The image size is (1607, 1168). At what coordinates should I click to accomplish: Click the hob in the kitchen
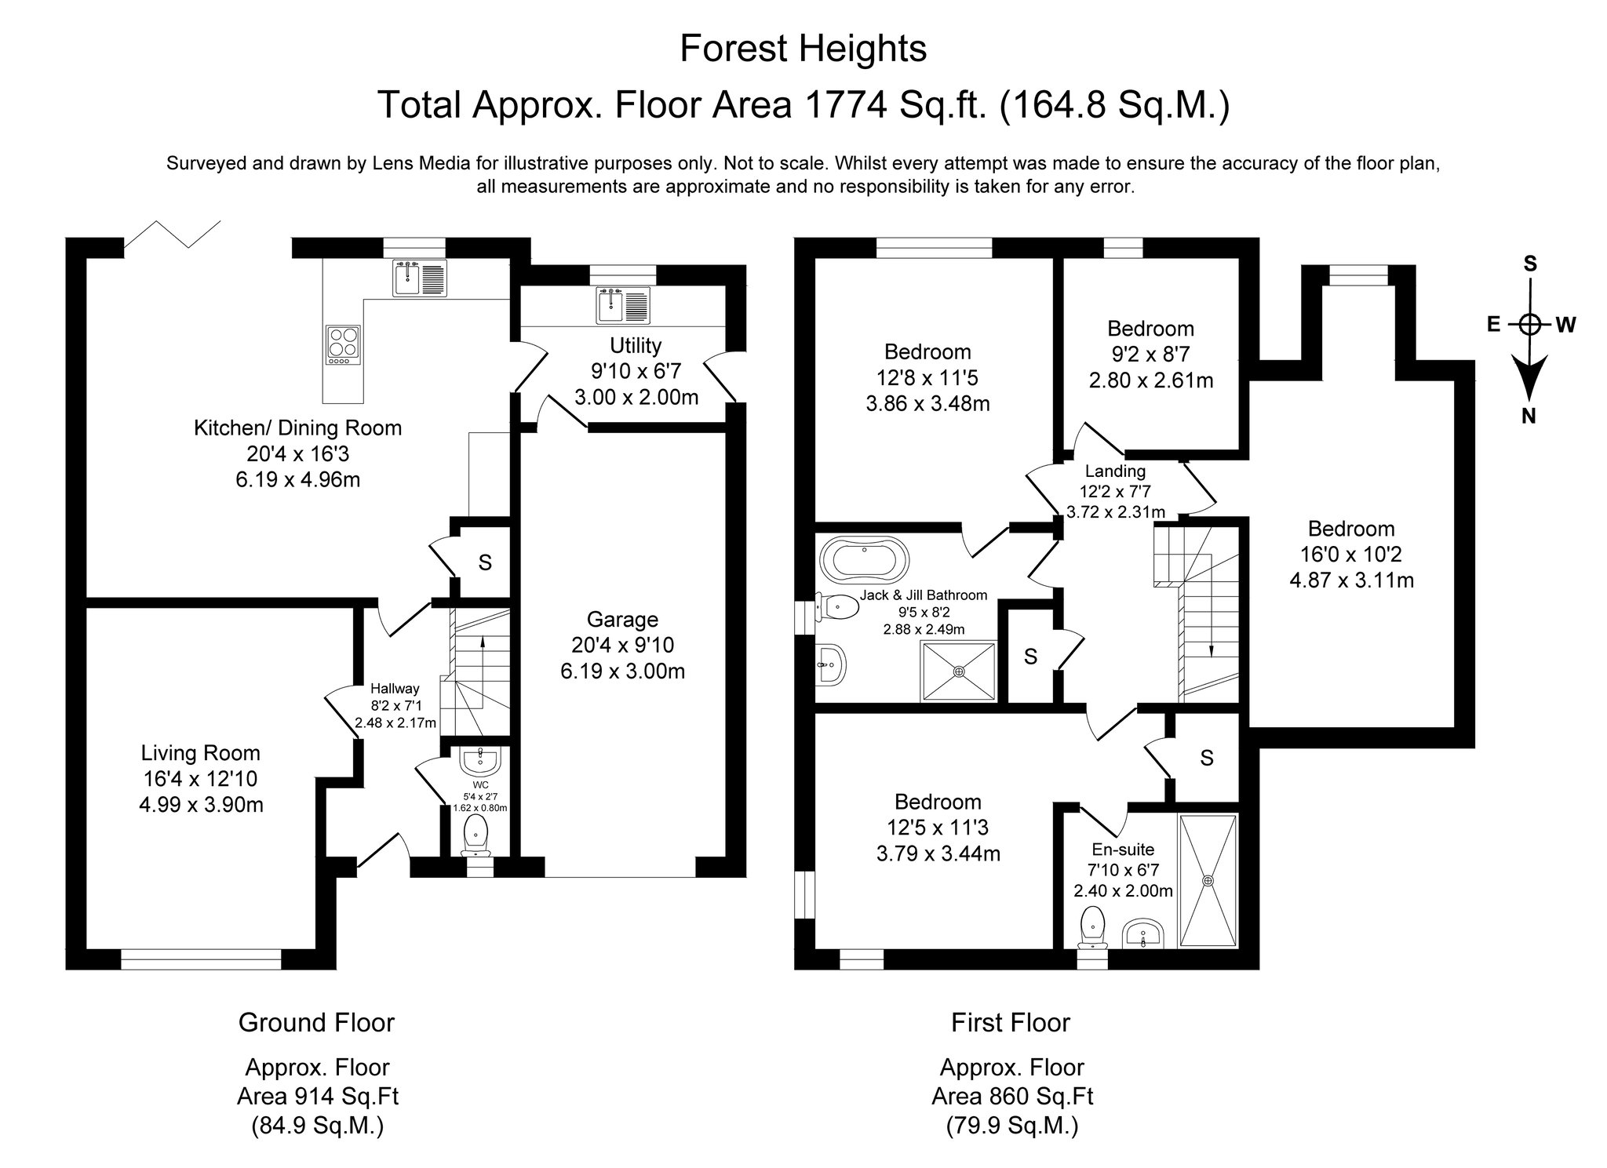tap(343, 344)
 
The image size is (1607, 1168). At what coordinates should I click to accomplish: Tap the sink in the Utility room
tap(623, 305)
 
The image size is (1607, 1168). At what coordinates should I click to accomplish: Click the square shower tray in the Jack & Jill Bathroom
tap(959, 671)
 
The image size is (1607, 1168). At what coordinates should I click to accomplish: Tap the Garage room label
tap(622, 620)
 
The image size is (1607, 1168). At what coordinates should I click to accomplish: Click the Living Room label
tap(200, 753)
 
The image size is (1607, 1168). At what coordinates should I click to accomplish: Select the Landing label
tap(1115, 471)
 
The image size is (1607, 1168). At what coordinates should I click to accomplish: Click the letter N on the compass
tap(1529, 417)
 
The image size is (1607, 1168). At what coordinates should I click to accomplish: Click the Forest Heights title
tap(803, 49)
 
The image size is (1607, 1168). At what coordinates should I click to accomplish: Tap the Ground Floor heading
tap(316, 1023)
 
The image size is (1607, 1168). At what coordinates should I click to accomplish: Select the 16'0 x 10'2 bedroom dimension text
tap(1351, 555)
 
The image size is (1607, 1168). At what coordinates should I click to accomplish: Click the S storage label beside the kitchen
tap(485, 562)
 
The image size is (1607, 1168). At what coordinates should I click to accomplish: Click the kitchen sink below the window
tap(420, 278)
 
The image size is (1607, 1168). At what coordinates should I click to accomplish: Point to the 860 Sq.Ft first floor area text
tap(1012, 1096)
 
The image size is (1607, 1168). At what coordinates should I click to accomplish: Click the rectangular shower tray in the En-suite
tap(1208, 881)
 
